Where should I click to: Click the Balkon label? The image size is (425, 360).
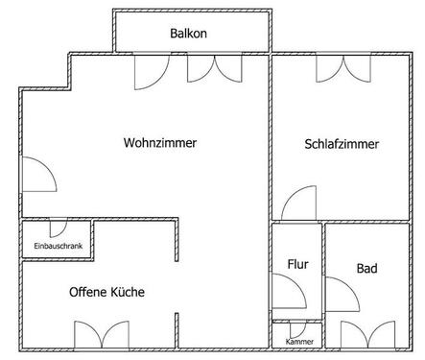click(188, 34)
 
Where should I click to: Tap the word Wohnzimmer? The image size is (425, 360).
click(160, 143)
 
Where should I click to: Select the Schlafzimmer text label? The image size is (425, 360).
click(342, 145)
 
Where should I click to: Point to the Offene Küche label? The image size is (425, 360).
click(106, 292)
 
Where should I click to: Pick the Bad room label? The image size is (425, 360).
click(366, 268)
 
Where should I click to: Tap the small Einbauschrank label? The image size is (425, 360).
click(58, 247)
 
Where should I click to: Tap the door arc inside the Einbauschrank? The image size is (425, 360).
click(57, 229)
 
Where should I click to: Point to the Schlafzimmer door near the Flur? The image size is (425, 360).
click(298, 204)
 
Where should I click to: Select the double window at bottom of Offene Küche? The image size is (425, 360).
click(102, 335)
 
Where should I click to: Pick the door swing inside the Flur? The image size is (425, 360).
click(286, 292)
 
